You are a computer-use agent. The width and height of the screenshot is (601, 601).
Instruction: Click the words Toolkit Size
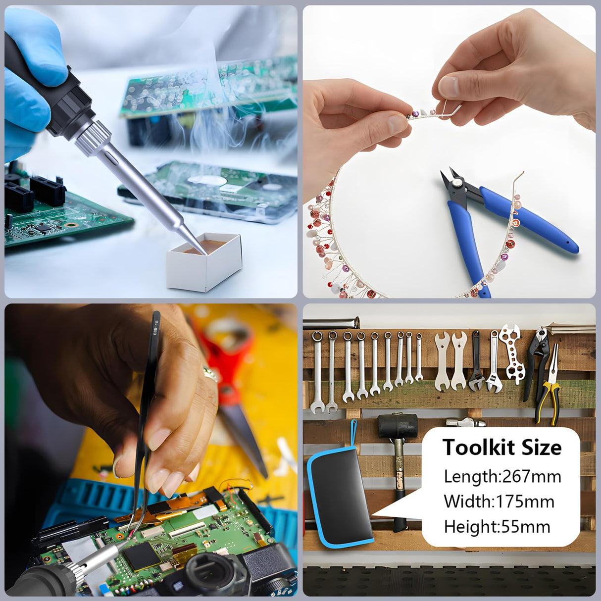click(x=502, y=447)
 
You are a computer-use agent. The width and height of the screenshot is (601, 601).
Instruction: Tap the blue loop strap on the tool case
click(x=353, y=436)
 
